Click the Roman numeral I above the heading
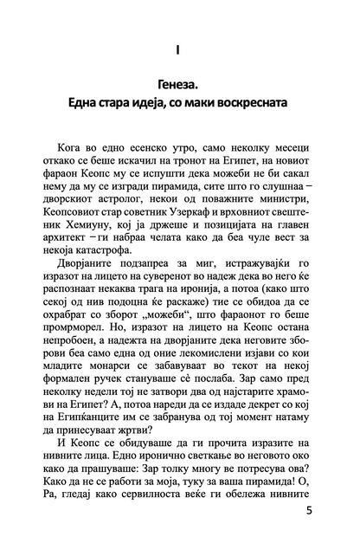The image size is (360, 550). (180, 51)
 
